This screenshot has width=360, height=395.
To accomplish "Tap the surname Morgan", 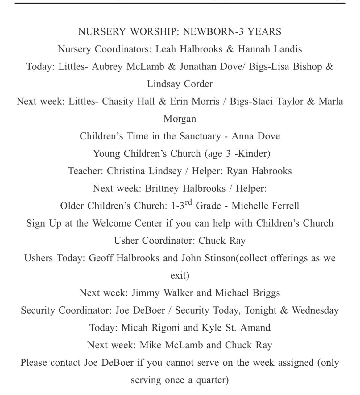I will click(x=180, y=119).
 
